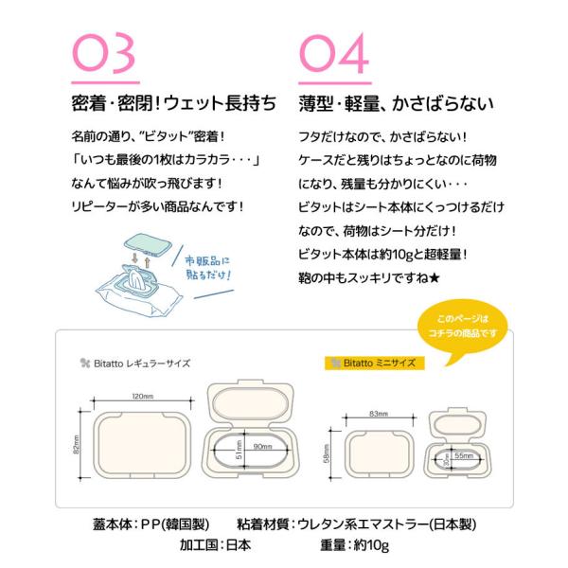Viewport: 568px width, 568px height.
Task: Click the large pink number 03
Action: coord(104,53)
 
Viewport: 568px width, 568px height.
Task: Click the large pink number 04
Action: coord(334,53)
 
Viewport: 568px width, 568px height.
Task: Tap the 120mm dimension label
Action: coord(142,396)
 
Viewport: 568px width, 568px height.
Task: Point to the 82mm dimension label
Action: coord(76,445)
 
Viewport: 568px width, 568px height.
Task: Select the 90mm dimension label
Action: coord(262,446)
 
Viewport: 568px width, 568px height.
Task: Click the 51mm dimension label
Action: coord(239,450)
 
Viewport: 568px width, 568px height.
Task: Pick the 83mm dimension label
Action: coord(379,414)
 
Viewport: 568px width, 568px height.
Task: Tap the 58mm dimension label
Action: coord(326,453)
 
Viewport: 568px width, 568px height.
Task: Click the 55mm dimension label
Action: coord(464,455)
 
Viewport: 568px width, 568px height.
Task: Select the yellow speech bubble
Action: coord(462,328)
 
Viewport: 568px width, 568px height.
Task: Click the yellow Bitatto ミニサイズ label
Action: coord(374,363)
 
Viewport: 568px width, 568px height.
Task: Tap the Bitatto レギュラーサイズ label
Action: coord(135,364)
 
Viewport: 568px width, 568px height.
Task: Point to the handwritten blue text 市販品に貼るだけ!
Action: coord(207,268)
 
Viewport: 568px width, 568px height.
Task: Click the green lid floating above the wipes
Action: coord(148,245)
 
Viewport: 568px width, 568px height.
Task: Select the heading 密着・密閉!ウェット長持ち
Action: coord(174,103)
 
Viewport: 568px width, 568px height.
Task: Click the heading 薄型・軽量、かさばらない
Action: coord(397,103)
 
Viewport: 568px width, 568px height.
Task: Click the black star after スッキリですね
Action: coord(434,277)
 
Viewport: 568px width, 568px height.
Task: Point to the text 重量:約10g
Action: coord(354,545)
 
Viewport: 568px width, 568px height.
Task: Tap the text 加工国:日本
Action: coord(215,545)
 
